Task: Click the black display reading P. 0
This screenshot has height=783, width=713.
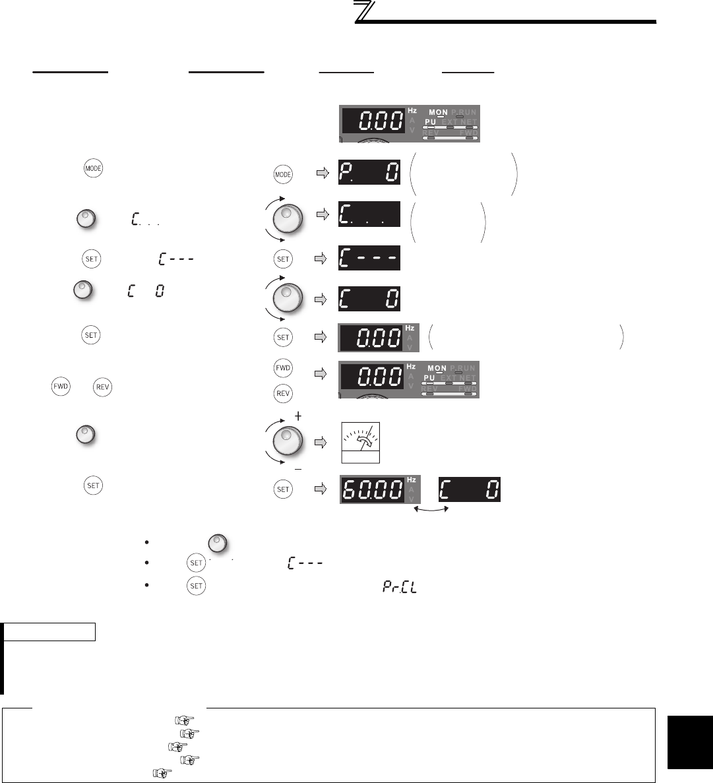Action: tap(369, 173)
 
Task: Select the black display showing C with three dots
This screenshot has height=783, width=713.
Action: tap(369, 215)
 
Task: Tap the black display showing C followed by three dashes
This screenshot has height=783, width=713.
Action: tap(369, 259)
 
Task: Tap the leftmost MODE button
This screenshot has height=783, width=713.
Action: tap(90, 168)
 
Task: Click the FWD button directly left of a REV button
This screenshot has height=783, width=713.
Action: tap(61, 387)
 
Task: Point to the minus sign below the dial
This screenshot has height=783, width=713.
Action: tap(298, 468)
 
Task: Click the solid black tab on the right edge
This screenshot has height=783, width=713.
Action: tap(686, 732)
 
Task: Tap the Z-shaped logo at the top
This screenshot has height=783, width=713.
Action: tap(364, 13)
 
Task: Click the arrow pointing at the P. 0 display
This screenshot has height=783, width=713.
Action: tap(323, 173)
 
